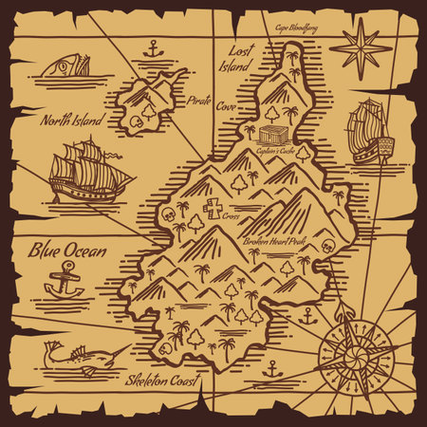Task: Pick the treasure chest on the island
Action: point(275,136)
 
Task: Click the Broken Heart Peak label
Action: point(276,241)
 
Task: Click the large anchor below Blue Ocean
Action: point(65,280)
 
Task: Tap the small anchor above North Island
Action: point(153,48)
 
